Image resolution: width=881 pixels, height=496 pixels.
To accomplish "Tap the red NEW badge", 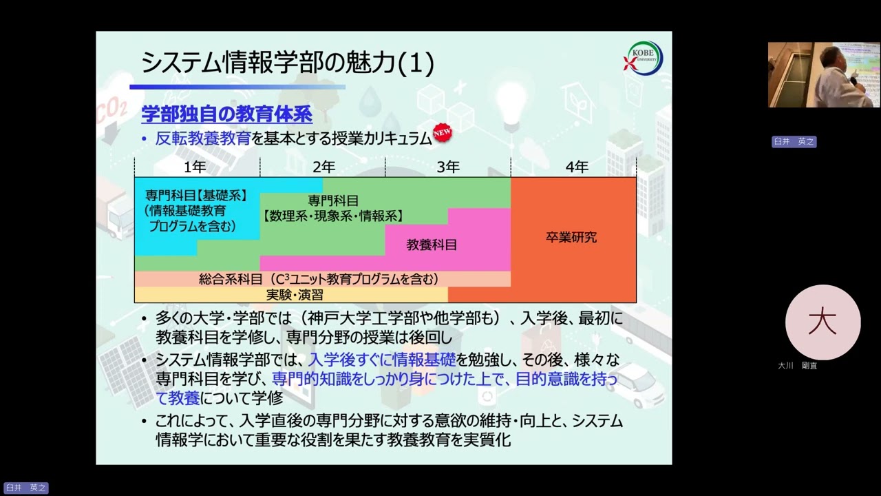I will coord(442,133).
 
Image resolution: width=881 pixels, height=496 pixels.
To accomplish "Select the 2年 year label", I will coord(323,167).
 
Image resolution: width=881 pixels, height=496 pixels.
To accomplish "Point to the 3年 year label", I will coord(448,167).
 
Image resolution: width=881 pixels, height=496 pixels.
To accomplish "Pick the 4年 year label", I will coord(577,167).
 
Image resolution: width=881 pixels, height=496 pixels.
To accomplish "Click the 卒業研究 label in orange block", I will coord(571,238).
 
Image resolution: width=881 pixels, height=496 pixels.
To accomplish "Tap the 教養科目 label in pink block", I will coord(432,245).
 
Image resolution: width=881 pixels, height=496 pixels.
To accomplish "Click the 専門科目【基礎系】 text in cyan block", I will coord(196,196).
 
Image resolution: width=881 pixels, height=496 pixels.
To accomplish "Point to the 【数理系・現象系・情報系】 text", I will coord(333,216).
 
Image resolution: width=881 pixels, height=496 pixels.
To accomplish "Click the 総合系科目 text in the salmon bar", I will coord(231,279).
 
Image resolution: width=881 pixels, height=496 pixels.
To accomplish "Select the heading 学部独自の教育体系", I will coord(226,114).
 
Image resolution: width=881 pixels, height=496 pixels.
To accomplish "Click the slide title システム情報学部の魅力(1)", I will coord(287,63).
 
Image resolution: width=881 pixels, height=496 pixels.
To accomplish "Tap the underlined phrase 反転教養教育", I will coord(203,138).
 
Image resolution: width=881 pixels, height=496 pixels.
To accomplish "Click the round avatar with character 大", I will coord(822,322).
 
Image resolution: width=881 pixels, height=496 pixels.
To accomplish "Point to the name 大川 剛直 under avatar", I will coord(798,366).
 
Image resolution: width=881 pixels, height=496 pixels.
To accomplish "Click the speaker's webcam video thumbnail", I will coord(823,74).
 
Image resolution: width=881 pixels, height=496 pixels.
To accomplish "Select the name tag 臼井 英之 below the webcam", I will coord(794,142).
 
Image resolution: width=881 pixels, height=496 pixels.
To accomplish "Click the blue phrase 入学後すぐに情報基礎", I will coord(382,359).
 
